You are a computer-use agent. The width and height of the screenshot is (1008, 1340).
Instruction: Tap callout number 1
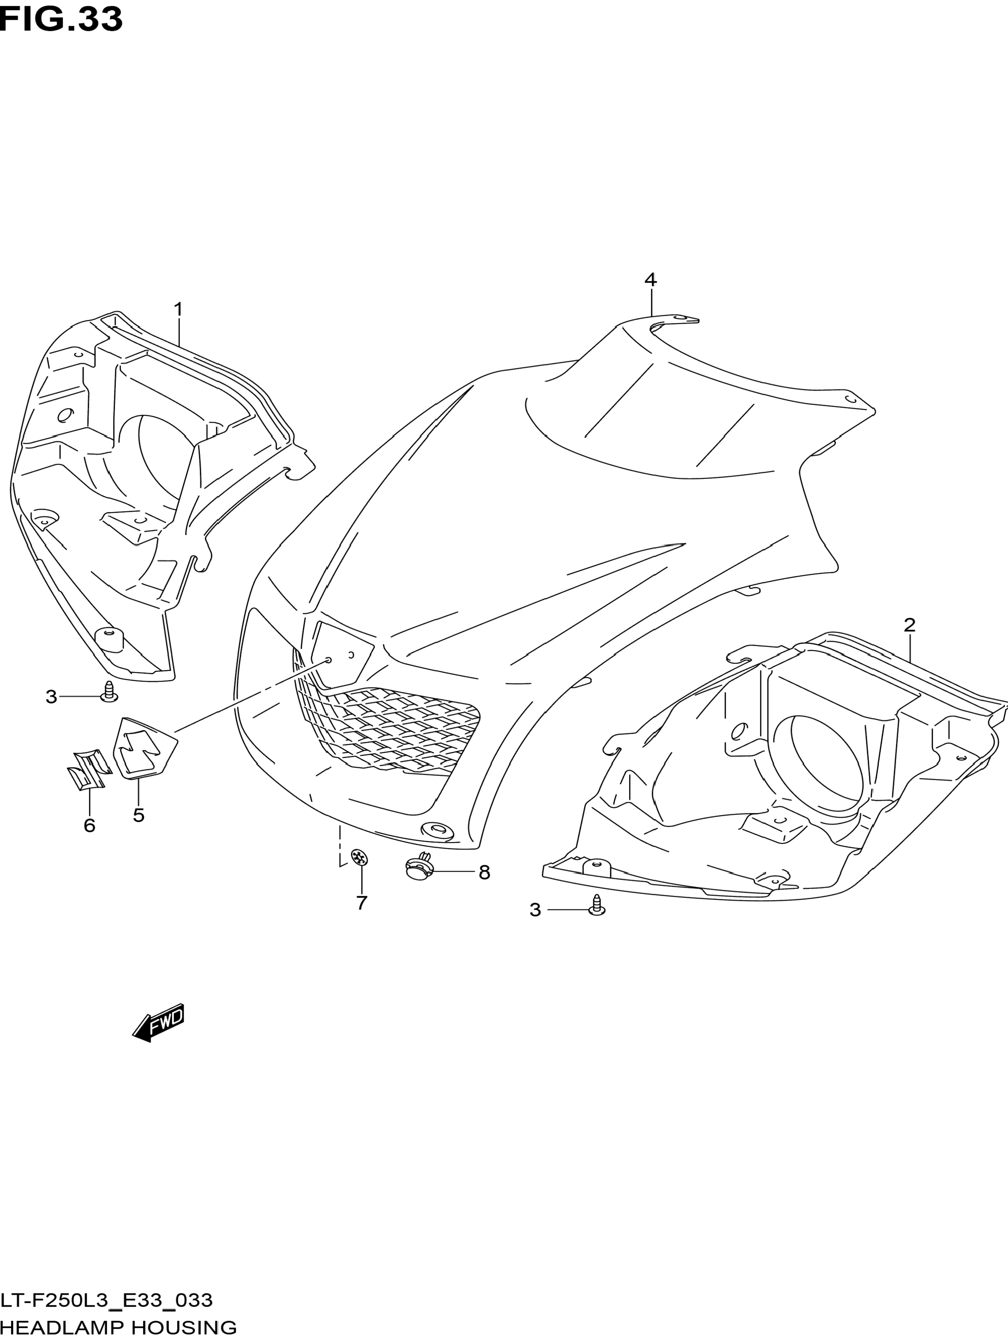click(178, 310)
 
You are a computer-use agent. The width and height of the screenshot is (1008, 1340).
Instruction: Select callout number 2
click(909, 625)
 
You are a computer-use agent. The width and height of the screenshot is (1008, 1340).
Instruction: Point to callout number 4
click(650, 280)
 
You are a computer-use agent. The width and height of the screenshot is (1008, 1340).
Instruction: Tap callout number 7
click(362, 919)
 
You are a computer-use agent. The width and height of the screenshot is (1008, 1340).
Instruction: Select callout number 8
click(484, 872)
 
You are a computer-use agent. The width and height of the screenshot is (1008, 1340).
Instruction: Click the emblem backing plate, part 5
click(143, 747)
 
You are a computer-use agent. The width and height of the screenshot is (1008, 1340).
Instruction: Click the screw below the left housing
click(109, 692)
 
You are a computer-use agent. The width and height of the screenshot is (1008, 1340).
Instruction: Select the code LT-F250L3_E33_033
click(107, 1300)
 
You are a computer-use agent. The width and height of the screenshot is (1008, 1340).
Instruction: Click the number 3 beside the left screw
click(51, 697)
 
